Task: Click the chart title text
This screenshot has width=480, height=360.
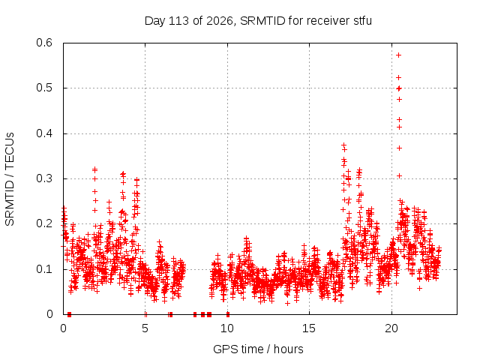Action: click(258, 21)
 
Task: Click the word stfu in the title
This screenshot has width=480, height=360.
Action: click(363, 21)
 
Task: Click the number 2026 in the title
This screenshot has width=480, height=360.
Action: click(220, 21)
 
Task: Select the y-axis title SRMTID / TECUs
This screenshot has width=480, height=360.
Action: click(10, 179)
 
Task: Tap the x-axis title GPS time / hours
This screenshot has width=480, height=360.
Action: click(258, 349)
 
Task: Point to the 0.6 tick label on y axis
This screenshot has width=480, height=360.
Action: click(44, 43)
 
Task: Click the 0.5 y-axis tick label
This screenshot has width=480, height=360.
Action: click(44, 88)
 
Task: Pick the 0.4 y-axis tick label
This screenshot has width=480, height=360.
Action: click(44, 133)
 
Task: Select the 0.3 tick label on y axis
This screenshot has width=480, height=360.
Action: click(44, 178)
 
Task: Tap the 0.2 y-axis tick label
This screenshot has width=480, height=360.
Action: click(44, 223)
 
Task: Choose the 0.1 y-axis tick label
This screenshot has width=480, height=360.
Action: click(44, 269)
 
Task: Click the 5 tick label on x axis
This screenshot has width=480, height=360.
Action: click(145, 328)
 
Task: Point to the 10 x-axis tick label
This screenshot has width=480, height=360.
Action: click(227, 328)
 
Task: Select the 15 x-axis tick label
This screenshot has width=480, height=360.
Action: click(309, 328)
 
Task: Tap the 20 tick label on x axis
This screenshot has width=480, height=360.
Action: click(391, 328)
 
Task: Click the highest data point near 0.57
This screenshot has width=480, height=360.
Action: click(398, 55)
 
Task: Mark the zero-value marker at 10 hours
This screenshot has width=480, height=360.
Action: click(228, 314)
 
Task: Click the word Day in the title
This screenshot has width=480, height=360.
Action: click(155, 21)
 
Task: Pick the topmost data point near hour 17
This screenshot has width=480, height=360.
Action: click(343, 145)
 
